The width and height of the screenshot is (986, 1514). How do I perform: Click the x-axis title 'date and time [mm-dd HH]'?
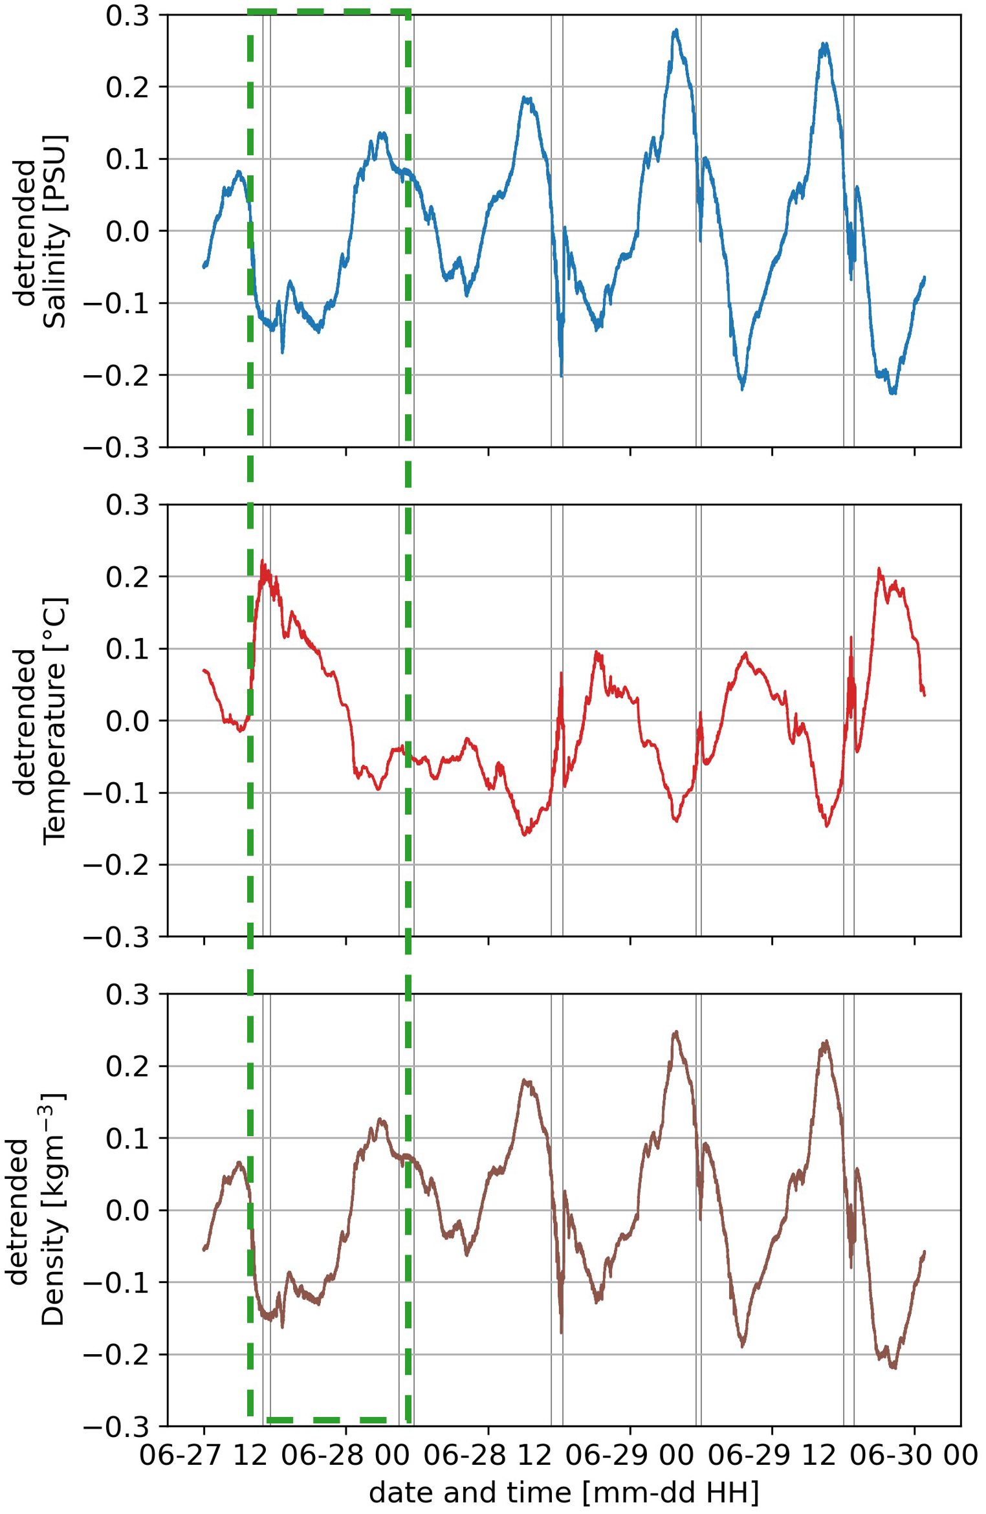click(x=564, y=1492)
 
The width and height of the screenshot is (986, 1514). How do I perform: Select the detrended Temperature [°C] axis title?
click(x=40, y=721)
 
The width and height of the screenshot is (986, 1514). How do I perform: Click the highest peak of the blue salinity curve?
click(x=676, y=30)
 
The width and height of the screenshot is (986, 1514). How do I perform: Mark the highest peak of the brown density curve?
click(x=676, y=1033)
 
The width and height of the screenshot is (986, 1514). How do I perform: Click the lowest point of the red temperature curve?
click(x=525, y=835)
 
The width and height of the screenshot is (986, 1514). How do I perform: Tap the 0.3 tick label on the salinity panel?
click(x=127, y=16)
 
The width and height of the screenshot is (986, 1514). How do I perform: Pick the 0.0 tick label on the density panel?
click(x=127, y=1211)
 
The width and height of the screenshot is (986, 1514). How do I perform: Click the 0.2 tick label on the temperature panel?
click(x=127, y=577)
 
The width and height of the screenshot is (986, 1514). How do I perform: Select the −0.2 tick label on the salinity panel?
click(x=117, y=375)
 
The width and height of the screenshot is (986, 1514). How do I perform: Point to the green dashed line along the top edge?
click(x=329, y=11)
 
